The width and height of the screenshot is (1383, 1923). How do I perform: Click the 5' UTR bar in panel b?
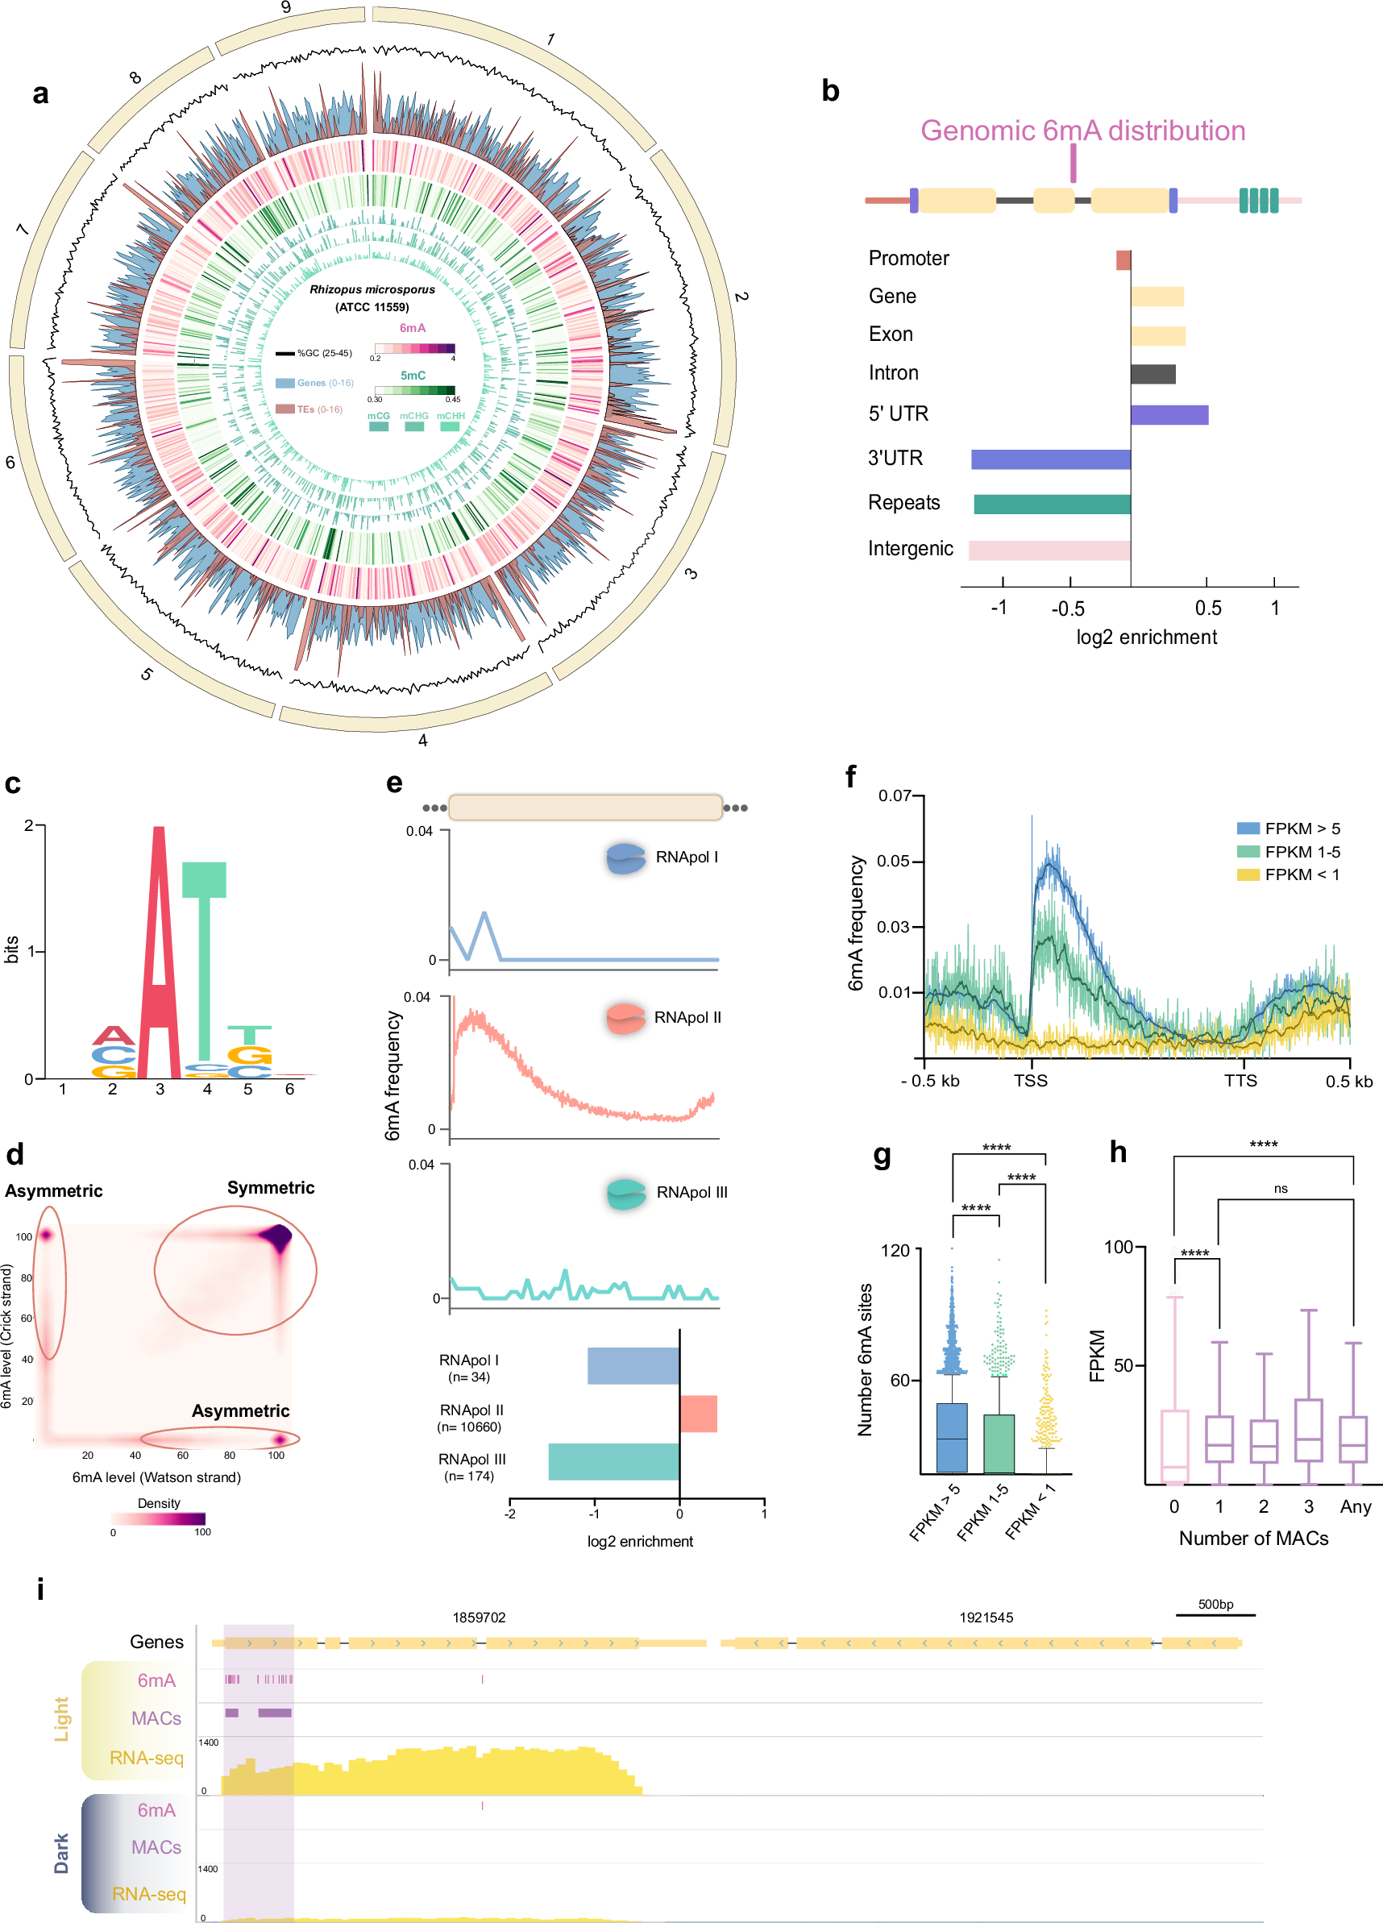click(1169, 414)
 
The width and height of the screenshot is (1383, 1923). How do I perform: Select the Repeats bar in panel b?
click(1052, 505)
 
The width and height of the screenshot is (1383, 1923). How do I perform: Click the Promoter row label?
click(908, 259)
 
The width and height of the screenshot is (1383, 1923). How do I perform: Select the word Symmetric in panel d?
click(271, 1188)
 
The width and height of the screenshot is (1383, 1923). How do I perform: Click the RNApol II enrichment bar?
click(698, 1414)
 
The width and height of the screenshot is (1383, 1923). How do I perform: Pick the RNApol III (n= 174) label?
click(471, 1467)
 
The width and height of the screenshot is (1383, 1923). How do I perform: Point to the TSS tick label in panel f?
click(1030, 1081)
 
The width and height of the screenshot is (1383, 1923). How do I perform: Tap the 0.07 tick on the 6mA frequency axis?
click(895, 795)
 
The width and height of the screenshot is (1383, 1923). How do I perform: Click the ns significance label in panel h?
click(1281, 1189)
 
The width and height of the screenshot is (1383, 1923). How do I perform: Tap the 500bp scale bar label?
click(1215, 1604)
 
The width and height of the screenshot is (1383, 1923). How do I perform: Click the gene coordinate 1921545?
click(986, 1618)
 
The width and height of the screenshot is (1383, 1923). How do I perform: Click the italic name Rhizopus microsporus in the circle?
click(372, 290)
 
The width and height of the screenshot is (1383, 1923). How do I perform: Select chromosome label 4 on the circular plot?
click(422, 740)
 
